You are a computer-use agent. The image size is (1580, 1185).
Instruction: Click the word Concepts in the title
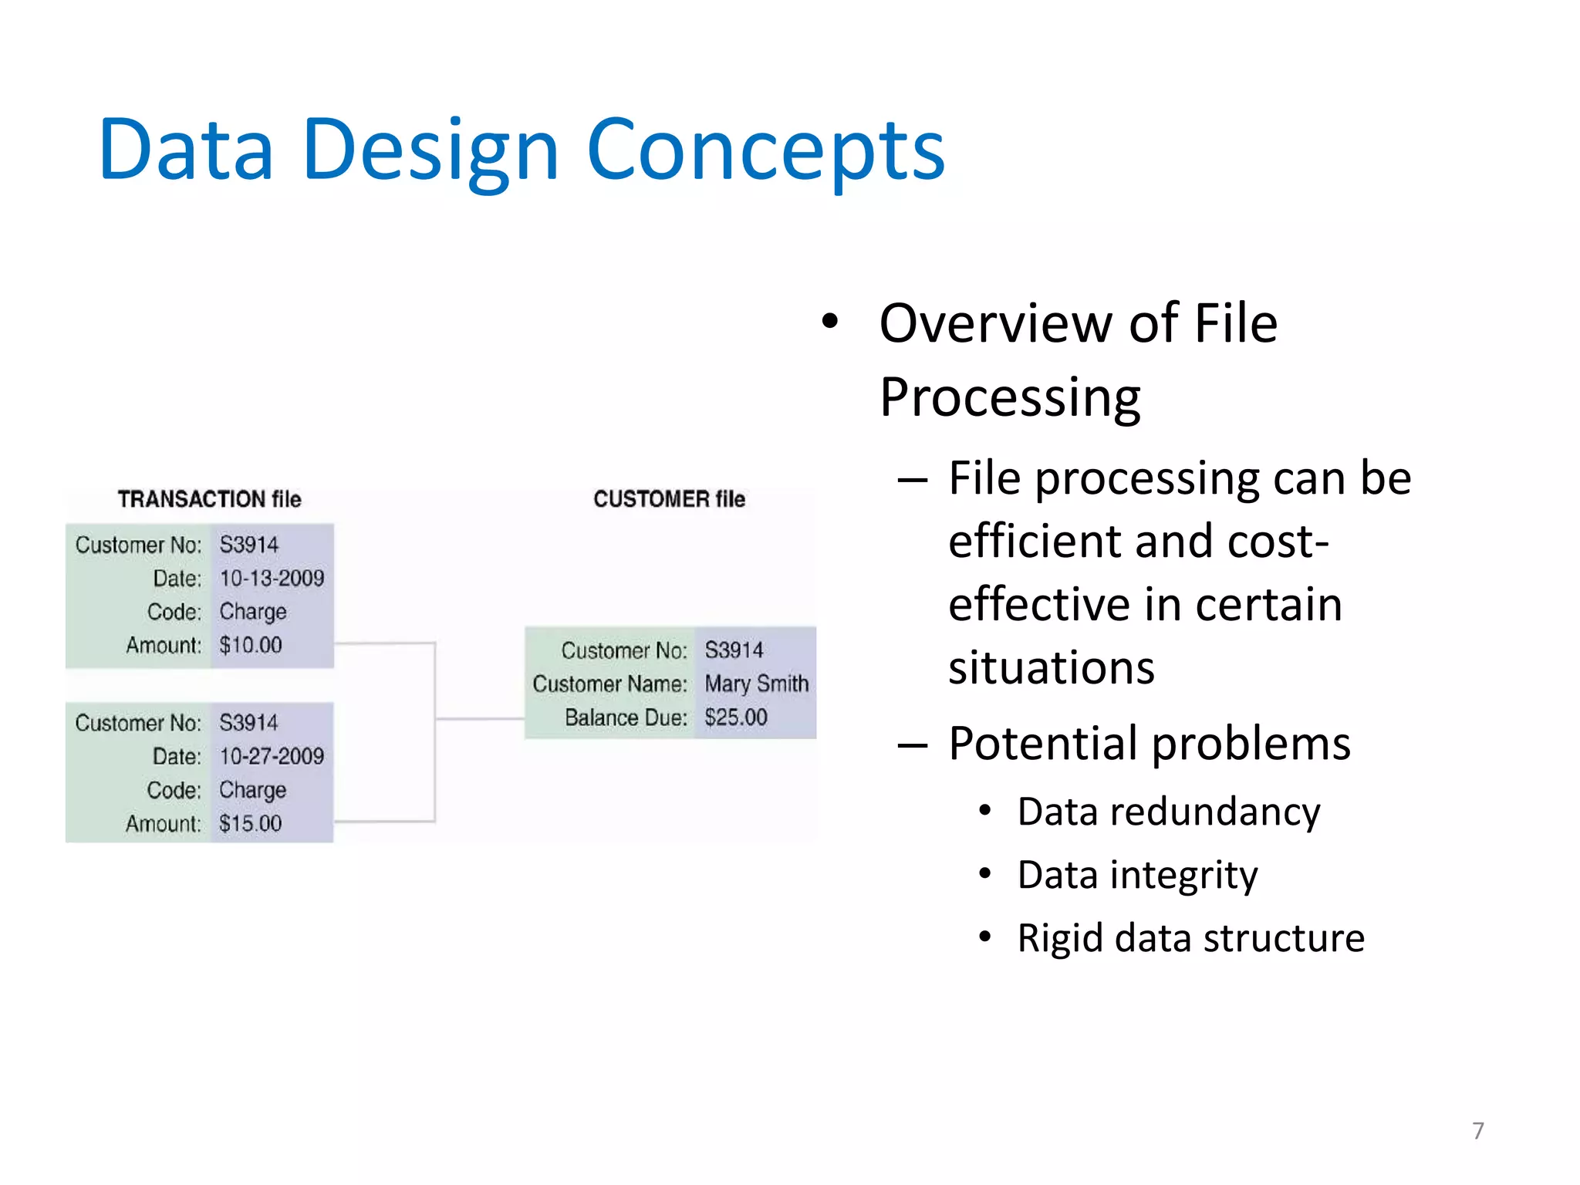[765, 150]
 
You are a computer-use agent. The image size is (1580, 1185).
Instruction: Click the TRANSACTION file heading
[209, 499]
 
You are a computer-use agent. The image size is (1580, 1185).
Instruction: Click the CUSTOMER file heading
[669, 499]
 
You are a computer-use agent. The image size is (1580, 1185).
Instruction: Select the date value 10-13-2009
[272, 579]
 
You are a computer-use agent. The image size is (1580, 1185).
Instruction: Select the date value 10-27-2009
[272, 756]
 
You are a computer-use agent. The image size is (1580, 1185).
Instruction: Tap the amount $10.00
[251, 645]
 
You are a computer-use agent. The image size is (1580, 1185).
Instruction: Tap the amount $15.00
[251, 823]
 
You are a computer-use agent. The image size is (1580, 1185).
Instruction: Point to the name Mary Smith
[756, 684]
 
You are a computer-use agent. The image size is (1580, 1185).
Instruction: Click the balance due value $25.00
[736, 717]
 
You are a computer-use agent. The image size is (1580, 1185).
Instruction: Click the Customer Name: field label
[609, 684]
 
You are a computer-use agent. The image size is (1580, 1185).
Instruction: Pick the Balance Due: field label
[626, 717]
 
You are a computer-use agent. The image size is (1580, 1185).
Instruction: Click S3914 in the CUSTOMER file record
[734, 650]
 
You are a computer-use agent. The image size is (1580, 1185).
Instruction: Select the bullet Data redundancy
[1168, 812]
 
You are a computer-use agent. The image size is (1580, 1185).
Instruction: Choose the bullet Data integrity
[1137, 875]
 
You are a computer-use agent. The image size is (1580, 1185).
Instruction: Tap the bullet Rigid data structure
[1190, 938]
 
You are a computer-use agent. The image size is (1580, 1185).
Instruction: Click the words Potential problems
[1149, 744]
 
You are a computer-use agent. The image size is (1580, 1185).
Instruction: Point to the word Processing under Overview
[1010, 398]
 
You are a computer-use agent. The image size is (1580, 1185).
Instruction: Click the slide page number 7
[1477, 1131]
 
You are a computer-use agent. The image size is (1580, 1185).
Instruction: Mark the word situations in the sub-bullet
[1051, 668]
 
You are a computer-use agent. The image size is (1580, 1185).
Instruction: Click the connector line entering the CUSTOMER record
[480, 719]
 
